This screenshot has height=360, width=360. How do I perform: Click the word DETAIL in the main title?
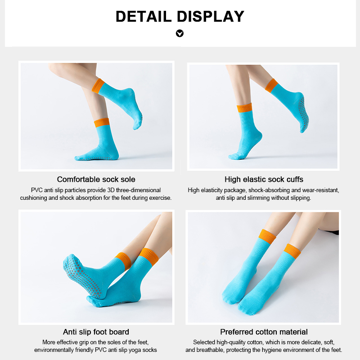click(x=144, y=17)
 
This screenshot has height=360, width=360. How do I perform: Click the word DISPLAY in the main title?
click(x=210, y=17)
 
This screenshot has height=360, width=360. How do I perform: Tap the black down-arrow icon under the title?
click(x=180, y=33)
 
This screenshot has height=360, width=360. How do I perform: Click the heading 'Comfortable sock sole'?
click(x=96, y=179)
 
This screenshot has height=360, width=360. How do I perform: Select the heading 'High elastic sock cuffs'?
click(x=264, y=179)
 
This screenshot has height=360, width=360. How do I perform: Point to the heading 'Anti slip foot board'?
click(x=96, y=332)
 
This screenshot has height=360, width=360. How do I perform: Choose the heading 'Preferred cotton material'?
click(x=264, y=332)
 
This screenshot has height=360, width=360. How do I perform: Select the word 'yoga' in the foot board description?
click(x=137, y=350)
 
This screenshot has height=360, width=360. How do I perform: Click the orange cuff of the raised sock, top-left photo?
click(x=98, y=86)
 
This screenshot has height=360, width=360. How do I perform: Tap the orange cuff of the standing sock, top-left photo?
click(x=102, y=123)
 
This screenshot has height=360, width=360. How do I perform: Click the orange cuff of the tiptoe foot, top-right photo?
click(x=244, y=108)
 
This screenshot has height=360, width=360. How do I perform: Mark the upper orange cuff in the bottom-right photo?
click(x=267, y=237)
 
